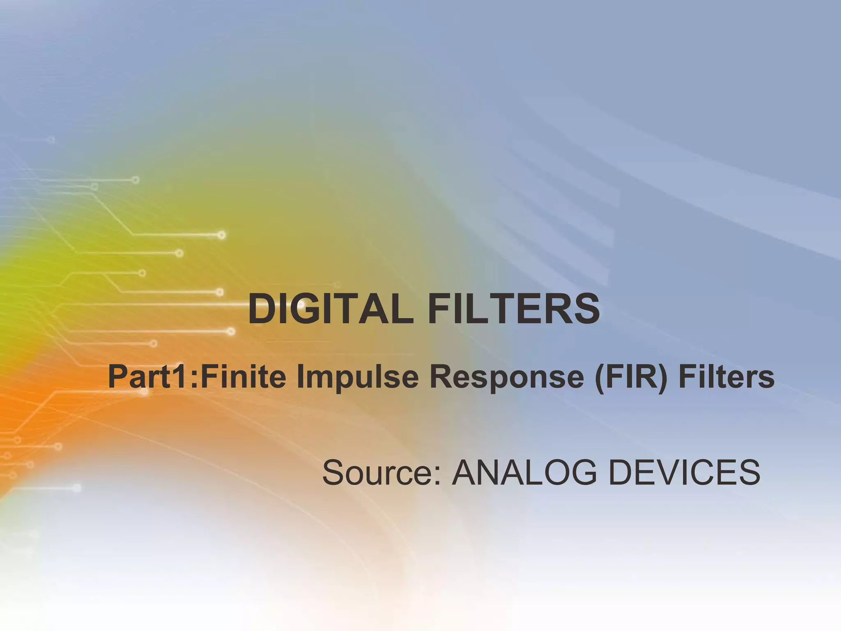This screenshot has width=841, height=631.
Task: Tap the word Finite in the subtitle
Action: click(x=243, y=377)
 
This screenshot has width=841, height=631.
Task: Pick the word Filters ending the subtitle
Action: click(x=726, y=377)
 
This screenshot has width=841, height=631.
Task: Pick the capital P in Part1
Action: click(x=117, y=377)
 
